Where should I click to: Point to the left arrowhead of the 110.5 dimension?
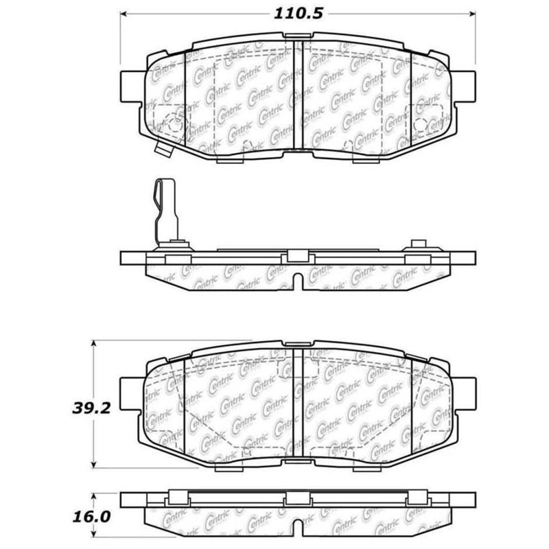pos(124,13)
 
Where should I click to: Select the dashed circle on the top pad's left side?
pos(173,123)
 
